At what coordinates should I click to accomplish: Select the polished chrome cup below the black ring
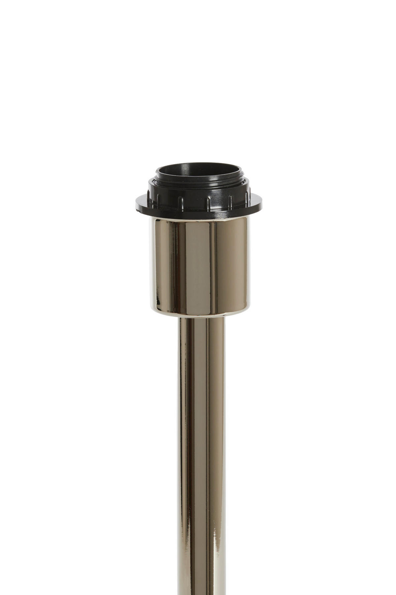[199, 264]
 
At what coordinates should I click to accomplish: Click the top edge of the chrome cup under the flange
[199, 219]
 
